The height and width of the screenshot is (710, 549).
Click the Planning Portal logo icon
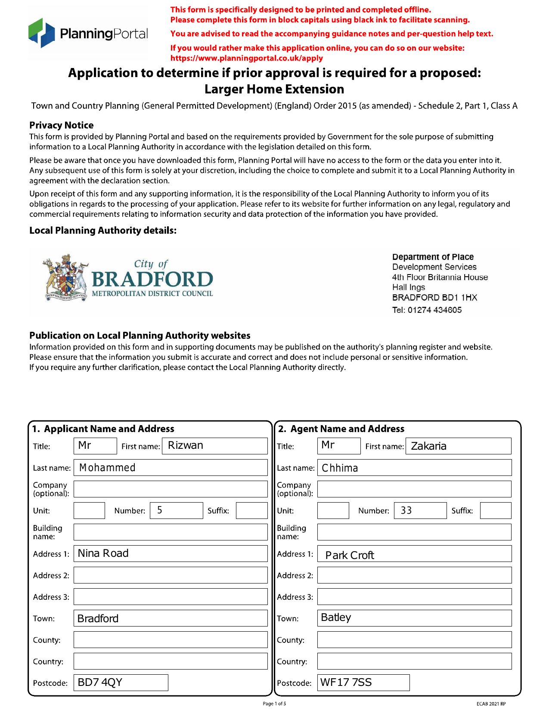42,33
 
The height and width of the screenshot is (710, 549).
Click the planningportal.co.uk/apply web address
246,58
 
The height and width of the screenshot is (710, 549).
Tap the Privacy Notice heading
62,125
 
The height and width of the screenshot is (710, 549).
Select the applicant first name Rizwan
186,445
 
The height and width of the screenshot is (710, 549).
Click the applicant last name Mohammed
107,468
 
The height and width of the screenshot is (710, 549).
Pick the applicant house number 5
160,510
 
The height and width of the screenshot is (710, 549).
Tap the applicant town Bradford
98,618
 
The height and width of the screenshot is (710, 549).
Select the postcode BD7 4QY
100,682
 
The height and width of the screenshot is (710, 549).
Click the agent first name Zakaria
429,446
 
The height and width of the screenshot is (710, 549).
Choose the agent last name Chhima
340,468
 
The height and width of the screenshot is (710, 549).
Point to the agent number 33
406,511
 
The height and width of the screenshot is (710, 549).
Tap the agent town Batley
336,617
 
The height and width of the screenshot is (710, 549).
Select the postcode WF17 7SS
346,682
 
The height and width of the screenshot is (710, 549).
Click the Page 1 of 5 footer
274,704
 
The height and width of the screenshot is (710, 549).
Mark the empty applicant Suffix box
251,510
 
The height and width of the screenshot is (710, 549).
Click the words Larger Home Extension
274,89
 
